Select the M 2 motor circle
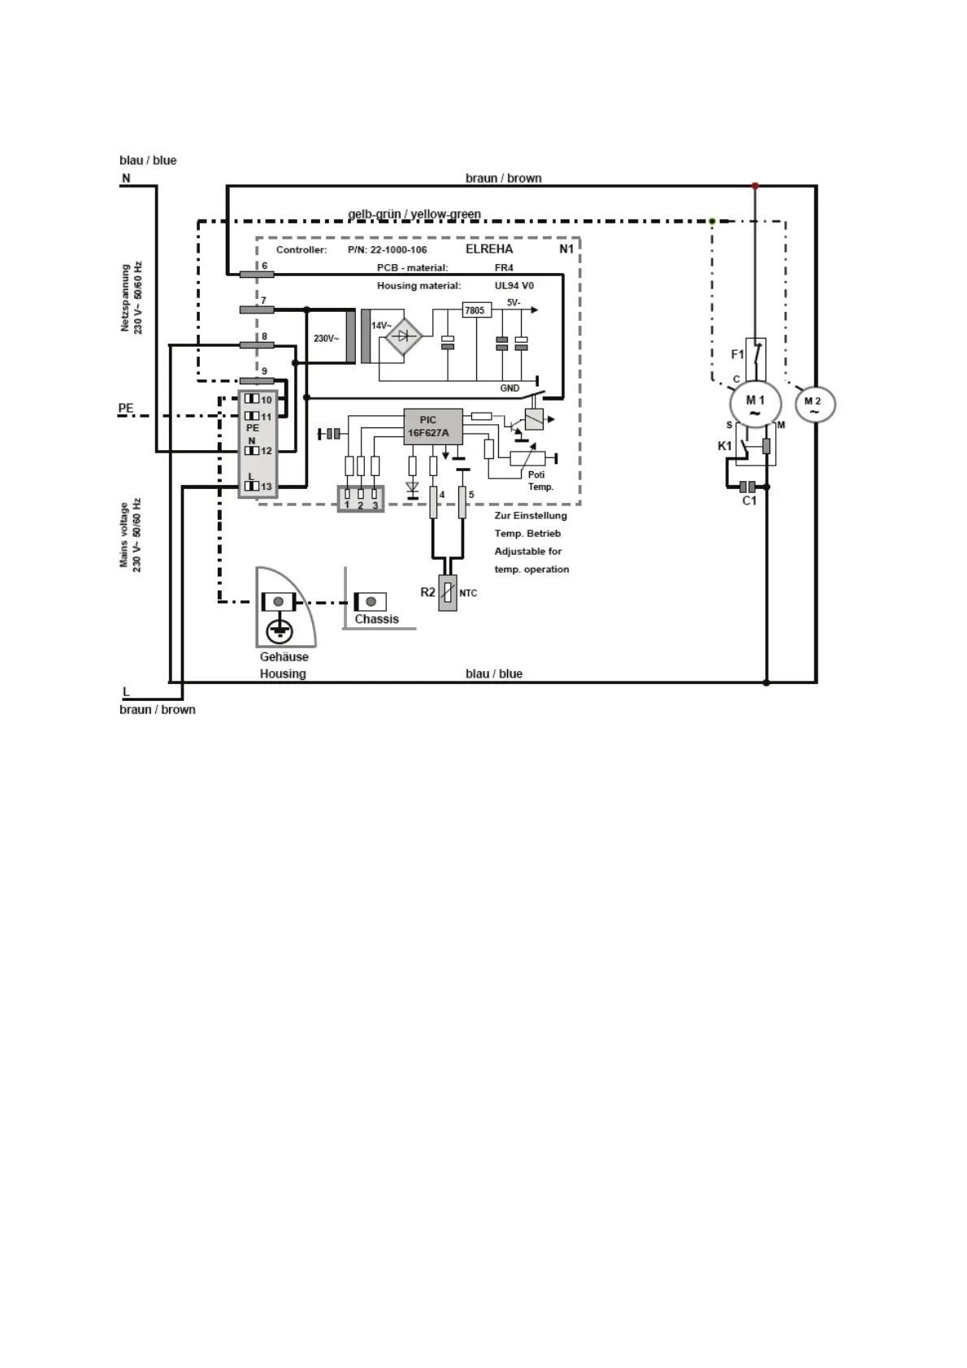pyautogui.click(x=813, y=405)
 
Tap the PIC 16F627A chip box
pyautogui.click(x=433, y=426)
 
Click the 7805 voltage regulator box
pyautogui.click(x=474, y=310)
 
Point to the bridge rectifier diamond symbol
pyautogui.click(x=403, y=336)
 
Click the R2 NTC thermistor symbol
pyautogui.click(x=447, y=593)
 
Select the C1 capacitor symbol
pyautogui.click(x=748, y=487)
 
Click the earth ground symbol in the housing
pyautogui.click(x=279, y=630)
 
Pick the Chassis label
pyautogui.click(x=376, y=619)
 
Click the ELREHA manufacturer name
pyautogui.click(x=489, y=249)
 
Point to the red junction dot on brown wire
pyautogui.click(x=755, y=186)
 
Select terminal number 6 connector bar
pyautogui.click(x=257, y=275)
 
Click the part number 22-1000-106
pyautogui.click(x=398, y=250)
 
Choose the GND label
pyautogui.click(x=510, y=388)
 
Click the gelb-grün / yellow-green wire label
pyautogui.click(x=414, y=214)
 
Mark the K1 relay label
pyautogui.click(x=724, y=446)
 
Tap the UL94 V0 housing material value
pyautogui.click(x=514, y=286)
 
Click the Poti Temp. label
pyautogui.click(x=540, y=481)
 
